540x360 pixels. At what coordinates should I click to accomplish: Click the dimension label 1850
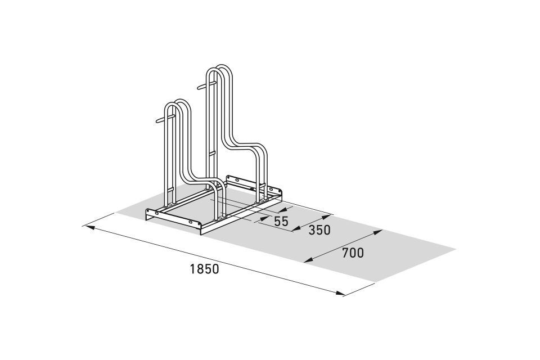(204, 269)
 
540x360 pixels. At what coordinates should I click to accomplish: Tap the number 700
(353, 253)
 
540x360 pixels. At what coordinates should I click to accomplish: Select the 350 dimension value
(319, 229)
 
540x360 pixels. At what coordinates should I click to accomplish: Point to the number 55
(281, 221)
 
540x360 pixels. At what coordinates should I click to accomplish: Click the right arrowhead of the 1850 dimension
(340, 294)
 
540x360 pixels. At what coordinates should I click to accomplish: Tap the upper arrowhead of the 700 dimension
(378, 232)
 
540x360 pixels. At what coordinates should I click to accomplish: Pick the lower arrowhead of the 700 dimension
(309, 260)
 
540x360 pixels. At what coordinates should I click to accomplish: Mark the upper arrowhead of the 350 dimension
(326, 217)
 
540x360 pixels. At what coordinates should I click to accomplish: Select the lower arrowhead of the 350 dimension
(296, 229)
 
